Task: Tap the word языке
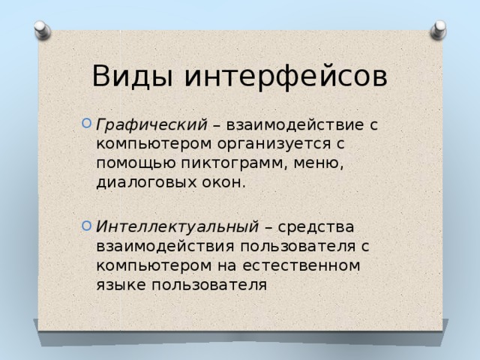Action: (x=121, y=285)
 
